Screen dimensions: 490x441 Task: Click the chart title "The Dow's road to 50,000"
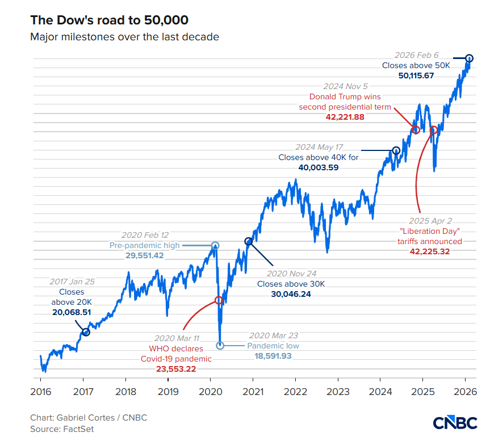tap(110, 20)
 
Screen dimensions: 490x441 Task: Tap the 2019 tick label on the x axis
tap(168, 392)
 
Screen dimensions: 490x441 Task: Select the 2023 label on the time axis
tap(338, 392)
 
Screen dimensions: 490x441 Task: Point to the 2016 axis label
tap(41, 392)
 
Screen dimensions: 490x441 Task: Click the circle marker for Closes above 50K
tap(469, 58)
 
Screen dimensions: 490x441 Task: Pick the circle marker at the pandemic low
tap(220, 346)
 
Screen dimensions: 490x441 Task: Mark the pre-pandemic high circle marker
tap(215, 246)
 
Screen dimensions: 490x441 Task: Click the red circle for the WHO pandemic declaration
tap(219, 300)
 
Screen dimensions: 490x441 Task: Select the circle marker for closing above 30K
tap(249, 241)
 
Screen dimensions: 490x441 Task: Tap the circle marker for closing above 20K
tap(86, 333)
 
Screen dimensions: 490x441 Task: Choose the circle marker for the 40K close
tap(396, 150)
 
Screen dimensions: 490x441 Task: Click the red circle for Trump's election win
tap(416, 129)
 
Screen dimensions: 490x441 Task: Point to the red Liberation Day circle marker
tap(433, 129)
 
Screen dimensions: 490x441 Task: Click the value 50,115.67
tap(416, 75)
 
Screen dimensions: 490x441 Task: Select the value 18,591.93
tap(273, 356)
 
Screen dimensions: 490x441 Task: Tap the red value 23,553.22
tap(176, 369)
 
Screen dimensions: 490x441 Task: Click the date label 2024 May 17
tap(319, 147)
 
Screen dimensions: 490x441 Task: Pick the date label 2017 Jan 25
tap(72, 282)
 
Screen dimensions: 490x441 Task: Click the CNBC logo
tap(455, 423)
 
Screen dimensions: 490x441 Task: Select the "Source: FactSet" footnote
tap(62, 429)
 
